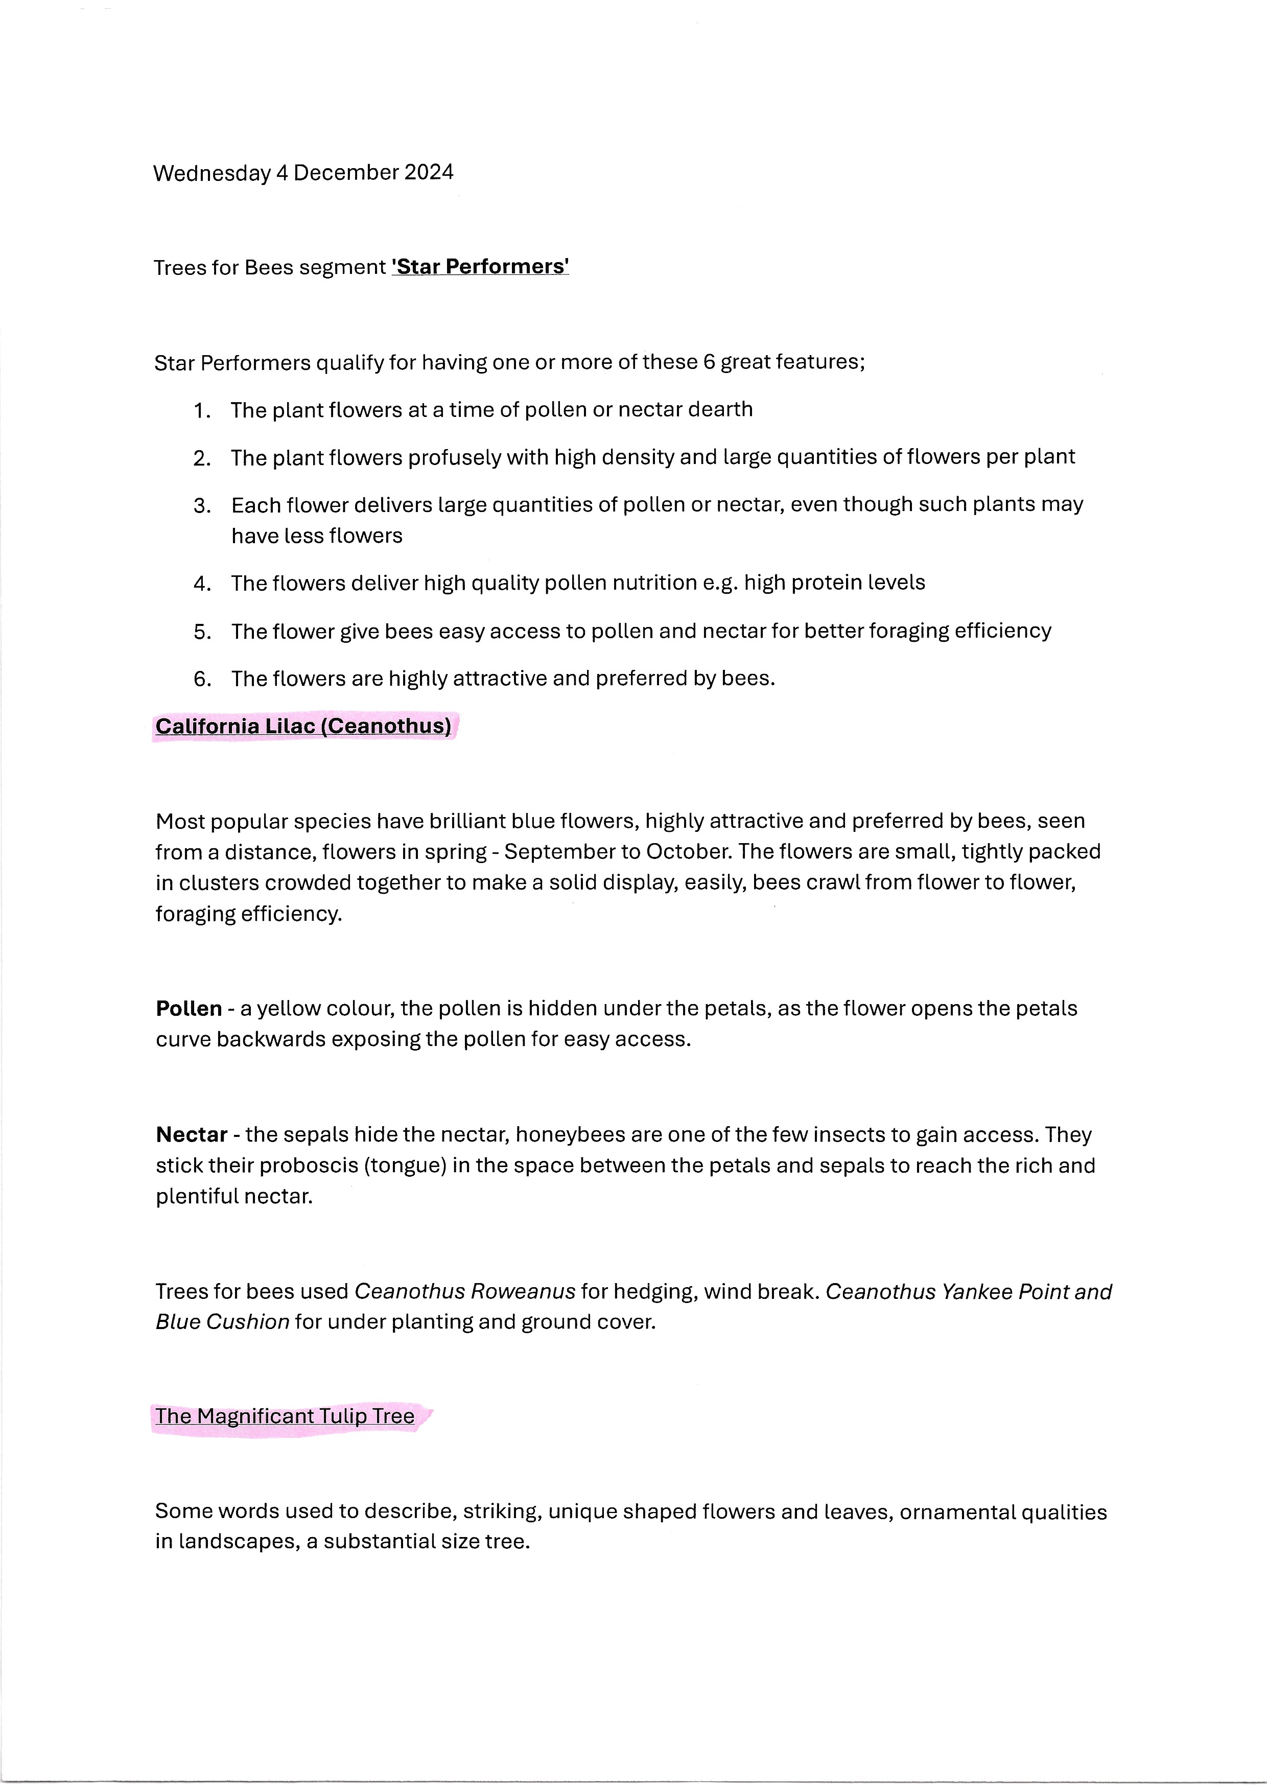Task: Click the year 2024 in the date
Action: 428,173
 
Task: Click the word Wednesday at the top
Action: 212,173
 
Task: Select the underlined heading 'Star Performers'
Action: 480,267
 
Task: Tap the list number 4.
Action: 202,584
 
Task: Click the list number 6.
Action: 202,679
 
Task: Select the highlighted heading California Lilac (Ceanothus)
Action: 303,727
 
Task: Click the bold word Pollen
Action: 189,1009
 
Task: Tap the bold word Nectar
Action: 191,1135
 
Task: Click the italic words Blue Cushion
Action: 222,1322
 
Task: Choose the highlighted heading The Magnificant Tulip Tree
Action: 285,1416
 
